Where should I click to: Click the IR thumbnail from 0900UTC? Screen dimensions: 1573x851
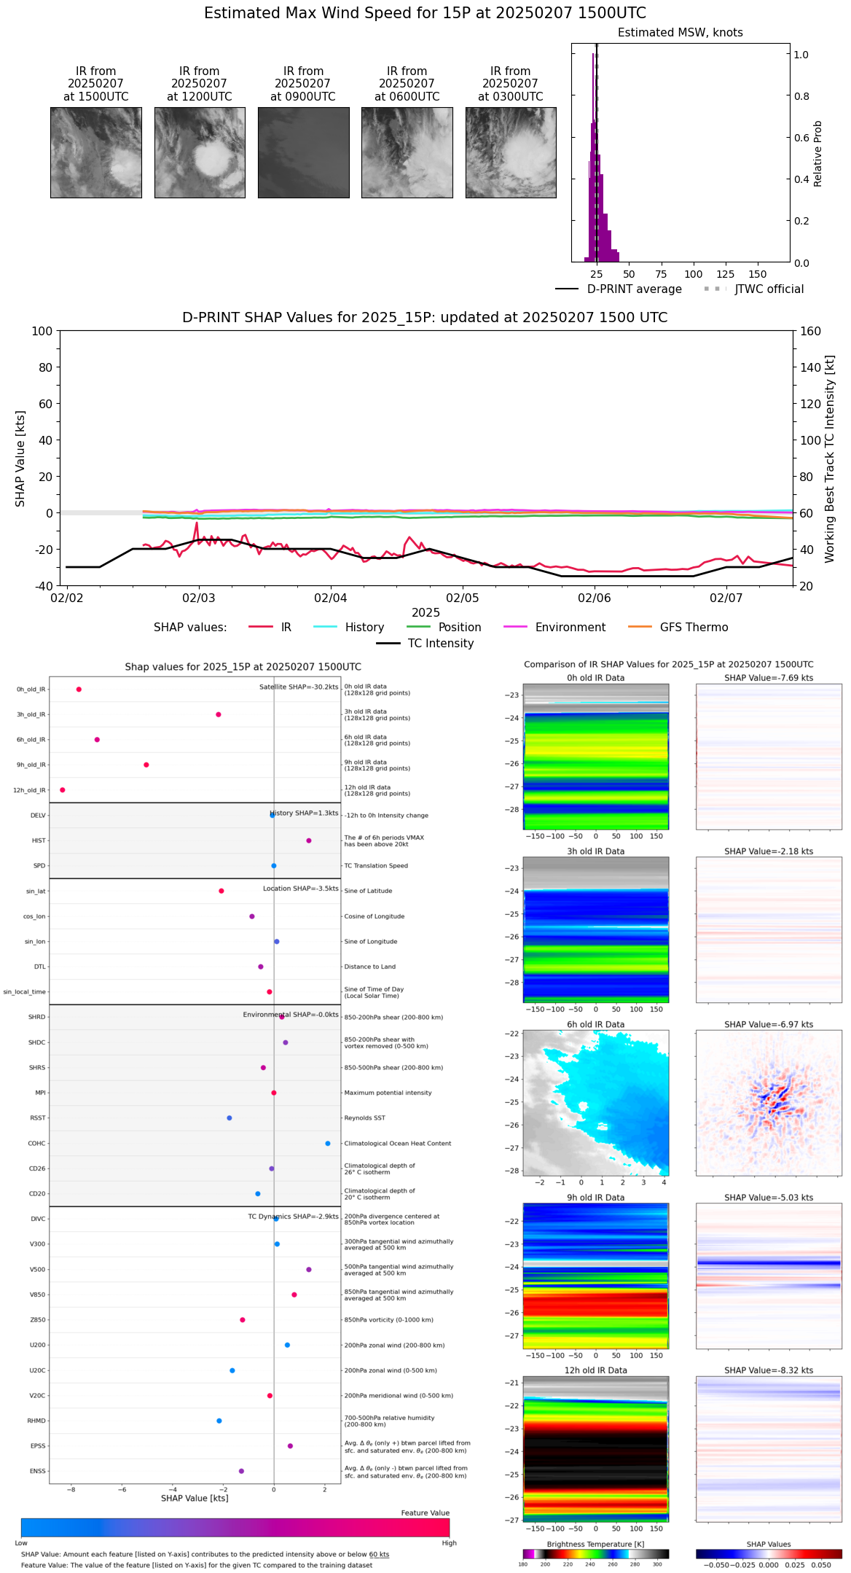coord(303,152)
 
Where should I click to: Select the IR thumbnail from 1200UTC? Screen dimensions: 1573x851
coord(200,152)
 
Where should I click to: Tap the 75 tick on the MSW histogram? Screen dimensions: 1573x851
coord(661,275)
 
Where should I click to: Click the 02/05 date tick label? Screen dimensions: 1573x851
coord(463,598)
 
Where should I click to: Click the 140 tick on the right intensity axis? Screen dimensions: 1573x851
coord(810,367)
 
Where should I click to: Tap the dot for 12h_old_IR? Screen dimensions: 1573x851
coord(63,790)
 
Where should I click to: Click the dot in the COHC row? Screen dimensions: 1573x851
coord(328,1144)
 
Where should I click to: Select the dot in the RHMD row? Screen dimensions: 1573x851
coord(219,1421)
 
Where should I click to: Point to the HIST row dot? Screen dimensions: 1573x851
coord(309,840)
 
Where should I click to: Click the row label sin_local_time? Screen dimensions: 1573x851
coord(25,992)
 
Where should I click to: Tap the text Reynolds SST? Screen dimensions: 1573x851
coord(365,1118)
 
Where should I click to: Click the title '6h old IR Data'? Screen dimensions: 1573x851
coord(595,1024)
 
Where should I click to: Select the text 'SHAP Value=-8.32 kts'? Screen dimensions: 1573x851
coord(769,1370)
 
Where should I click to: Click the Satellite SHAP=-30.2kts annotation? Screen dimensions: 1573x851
coord(299,687)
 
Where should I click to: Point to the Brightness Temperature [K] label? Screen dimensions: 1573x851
coord(595,1545)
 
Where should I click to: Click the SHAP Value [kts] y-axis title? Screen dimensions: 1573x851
coord(20,458)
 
